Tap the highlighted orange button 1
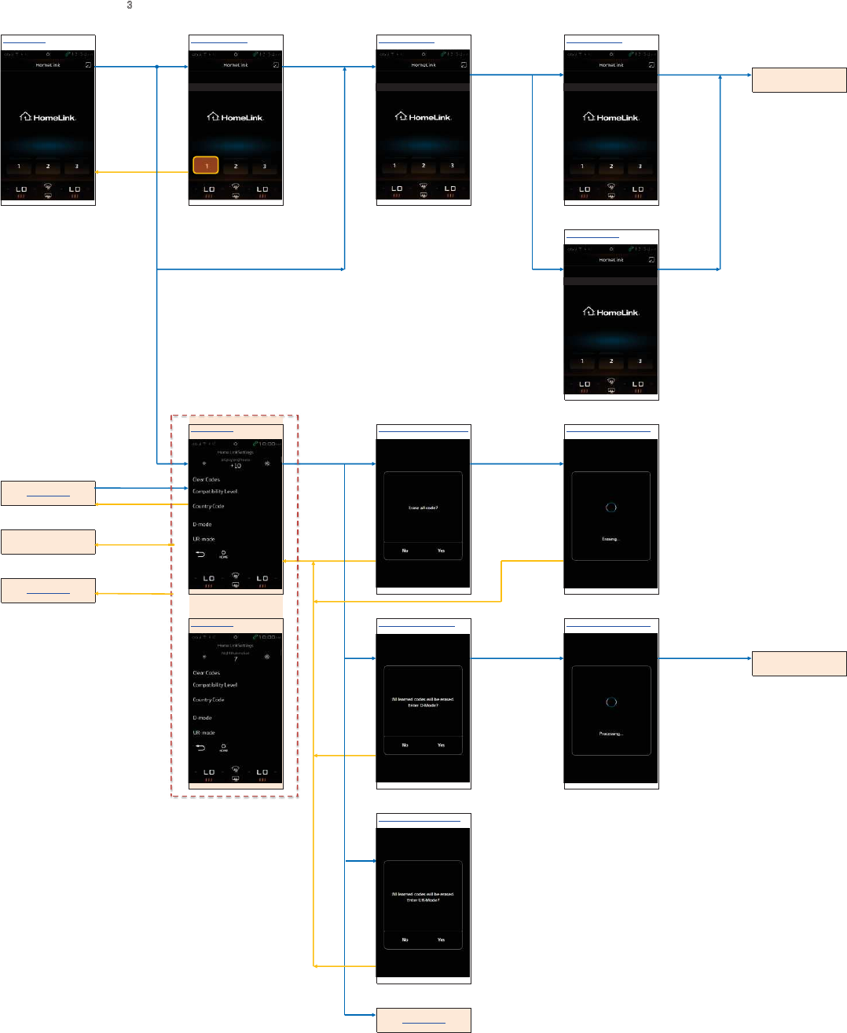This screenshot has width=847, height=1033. pyautogui.click(x=206, y=166)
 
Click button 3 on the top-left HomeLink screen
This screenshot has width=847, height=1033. pyautogui.click(x=77, y=167)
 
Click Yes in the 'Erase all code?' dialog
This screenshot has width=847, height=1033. pyautogui.click(x=441, y=551)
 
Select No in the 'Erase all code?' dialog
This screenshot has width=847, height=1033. pyautogui.click(x=405, y=551)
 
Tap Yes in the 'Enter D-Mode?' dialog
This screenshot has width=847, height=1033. pyautogui.click(x=441, y=745)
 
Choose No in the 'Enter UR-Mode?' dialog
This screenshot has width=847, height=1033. pyautogui.click(x=405, y=940)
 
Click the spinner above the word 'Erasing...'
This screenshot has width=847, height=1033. pyautogui.click(x=611, y=507)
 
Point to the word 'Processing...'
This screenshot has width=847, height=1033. pyautogui.click(x=610, y=734)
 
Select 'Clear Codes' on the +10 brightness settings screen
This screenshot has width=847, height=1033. pyautogui.click(x=207, y=479)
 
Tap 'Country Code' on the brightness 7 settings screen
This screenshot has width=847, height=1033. pyautogui.click(x=208, y=700)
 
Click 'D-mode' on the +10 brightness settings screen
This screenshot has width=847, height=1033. pyautogui.click(x=202, y=524)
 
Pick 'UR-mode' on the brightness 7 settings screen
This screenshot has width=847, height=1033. pyautogui.click(x=203, y=733)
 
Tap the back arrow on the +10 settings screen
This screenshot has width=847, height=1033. pyautogui.click(x=200, y=554)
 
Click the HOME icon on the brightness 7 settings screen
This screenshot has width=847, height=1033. pyautogui.click(x=224, y=747)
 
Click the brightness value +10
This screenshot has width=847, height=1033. pyautogui.click(x=236, y=466)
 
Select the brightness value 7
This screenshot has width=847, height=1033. pyautogui.click(x=236, y=659)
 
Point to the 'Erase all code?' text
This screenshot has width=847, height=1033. pyautogui.click(x=423, y=508)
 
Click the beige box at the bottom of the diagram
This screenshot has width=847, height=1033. pyautogui.click(x=423, y=1020)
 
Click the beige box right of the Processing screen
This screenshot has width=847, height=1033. pyautogui.click(x=799, y=664)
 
